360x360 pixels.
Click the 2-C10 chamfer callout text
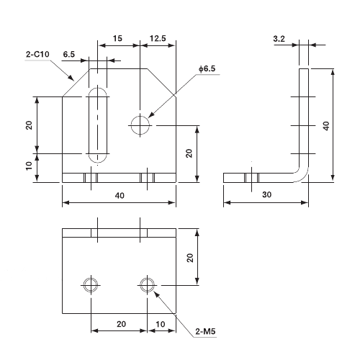[x=37, y=53]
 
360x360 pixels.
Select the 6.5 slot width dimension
[x=70, y=54]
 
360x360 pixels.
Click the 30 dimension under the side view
[x=266, y=194]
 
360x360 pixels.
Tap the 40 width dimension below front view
[x=119, y=194]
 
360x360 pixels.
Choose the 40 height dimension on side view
[x=325, y=125]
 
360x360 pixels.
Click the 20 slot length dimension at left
[x=29, y=125]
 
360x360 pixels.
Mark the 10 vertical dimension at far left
[x=29, y=166]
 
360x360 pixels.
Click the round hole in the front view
[x=141, y=125]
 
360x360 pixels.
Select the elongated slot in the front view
[x=98, y=125]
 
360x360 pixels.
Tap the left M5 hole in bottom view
[x=91, y=284]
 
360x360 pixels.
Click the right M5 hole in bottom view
[x=148, y=284]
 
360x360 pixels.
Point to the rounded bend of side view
[x=303, y=173]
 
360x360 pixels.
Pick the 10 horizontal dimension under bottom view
[x=162, y=324]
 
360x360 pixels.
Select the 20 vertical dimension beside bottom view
[x=189, y=258]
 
